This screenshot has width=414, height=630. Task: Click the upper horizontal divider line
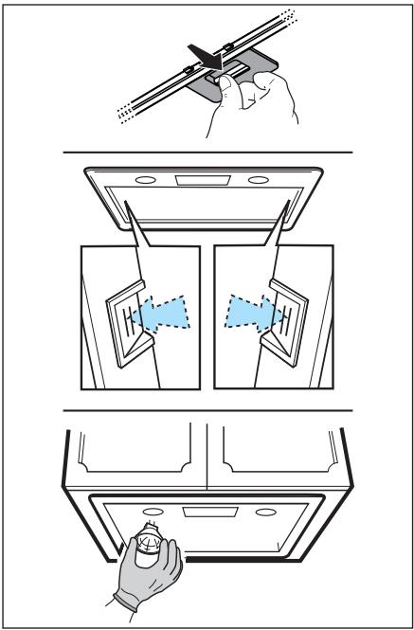pyautogui.click(x=207, y=152)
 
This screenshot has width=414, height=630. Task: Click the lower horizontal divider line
pyautogui.click(x=207, y=411)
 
